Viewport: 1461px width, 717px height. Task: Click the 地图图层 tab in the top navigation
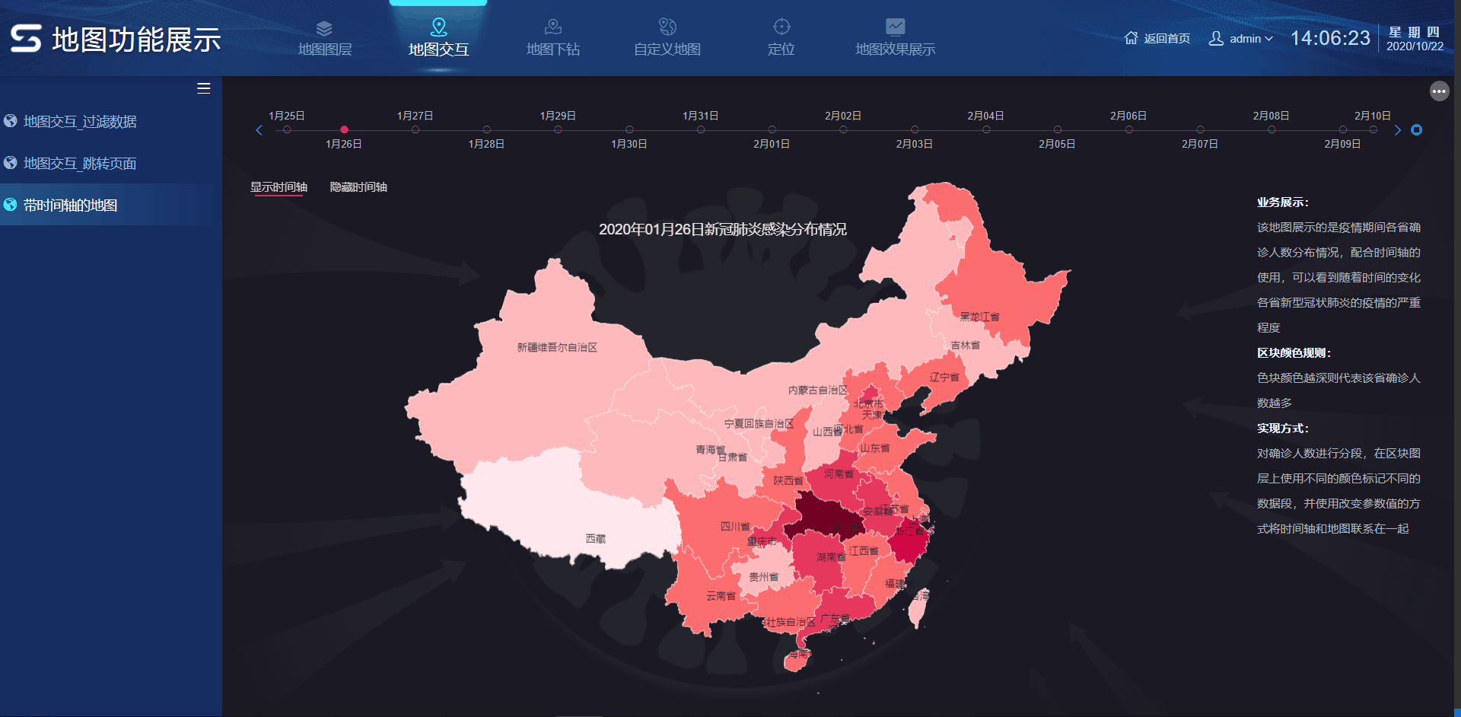[x=324, y=39]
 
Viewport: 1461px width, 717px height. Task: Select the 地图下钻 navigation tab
[x=552, y=39]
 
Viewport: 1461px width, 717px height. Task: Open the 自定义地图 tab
[x=667, y=39]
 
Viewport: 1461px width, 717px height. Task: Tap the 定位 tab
[x=781, y=39]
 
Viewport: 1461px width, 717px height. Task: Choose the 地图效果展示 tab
[x=895, y=39]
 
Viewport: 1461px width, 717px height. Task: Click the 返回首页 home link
[x=1157, y=38]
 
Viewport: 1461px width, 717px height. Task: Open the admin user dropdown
[x=1241, y=38]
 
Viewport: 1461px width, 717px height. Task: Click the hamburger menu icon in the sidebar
[x=204, y=88]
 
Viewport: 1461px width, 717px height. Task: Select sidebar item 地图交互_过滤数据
[x=80, y=122]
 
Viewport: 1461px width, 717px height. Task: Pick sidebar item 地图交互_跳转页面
[x=80, y=164]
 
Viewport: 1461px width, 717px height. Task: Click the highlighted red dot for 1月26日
[x=344, y=129]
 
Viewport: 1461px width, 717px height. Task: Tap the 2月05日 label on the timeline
[x=1056, y=144]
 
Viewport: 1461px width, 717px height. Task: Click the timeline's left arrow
[x=259, y=130]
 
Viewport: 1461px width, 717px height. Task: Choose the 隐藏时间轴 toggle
[x=358, y=187]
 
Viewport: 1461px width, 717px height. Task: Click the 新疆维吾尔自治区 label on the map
[x=557, y=347]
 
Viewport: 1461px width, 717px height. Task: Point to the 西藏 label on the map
[x=596, y=539]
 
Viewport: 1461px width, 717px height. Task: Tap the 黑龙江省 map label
[x=979, y=317]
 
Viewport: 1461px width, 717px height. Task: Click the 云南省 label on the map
[x=721, y=596]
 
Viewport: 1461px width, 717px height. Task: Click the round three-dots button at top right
[x=1439, y=91]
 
